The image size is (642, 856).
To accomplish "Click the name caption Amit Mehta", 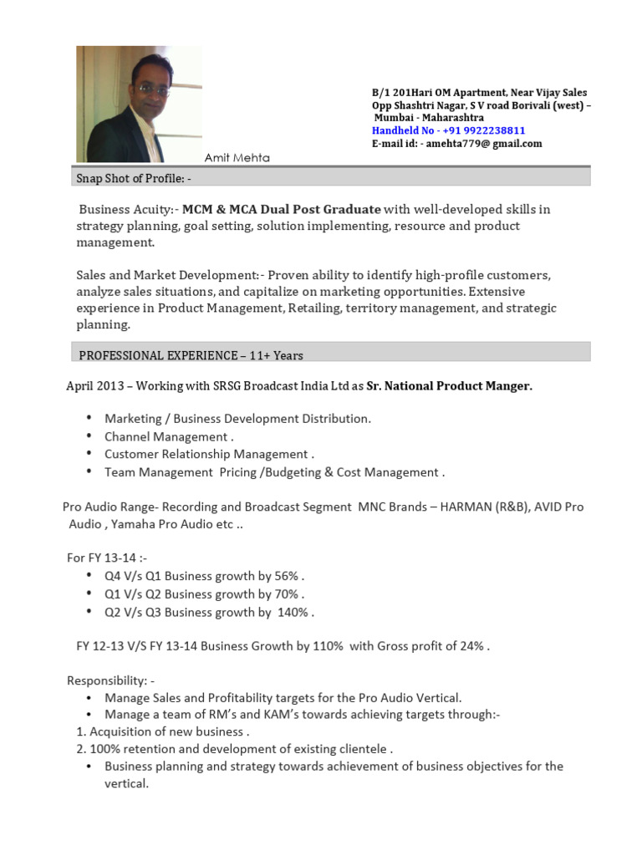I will pyautogui.click(x=237, y=158).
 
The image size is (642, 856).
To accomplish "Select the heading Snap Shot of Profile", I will pyautogui.click(x=135, y=179).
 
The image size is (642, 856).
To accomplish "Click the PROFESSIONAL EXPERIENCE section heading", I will pyautogui.click(x=191, y=355).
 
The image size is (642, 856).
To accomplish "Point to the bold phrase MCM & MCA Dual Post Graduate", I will pyautogui.click(x=282, y=209).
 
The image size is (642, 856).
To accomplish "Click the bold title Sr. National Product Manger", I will pyautogui.click(x=449, y=385).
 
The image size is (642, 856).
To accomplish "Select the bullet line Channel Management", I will pyautogui.click(x=168, y=436).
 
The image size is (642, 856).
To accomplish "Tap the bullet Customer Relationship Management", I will pyautogui.click(x=208, y=454).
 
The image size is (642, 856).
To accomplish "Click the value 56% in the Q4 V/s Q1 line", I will pyautogui.click(x=286, y=577).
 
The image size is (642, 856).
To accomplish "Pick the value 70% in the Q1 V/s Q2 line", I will pyautogui.click(x=286, y=594).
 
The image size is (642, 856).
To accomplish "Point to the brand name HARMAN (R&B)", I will pyautogui.click(x=482, y=507).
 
